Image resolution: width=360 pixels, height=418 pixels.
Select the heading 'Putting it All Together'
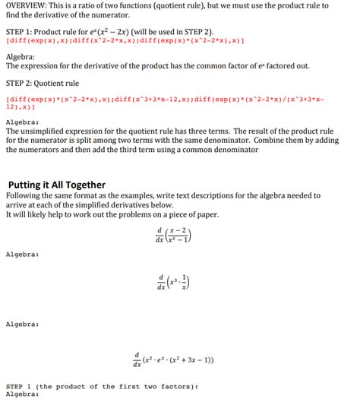click(x=57, y=185)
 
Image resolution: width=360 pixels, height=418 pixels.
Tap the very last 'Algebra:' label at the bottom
click(x=22, y=394)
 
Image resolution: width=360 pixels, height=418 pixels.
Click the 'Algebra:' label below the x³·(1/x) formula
click(x=22, y=325)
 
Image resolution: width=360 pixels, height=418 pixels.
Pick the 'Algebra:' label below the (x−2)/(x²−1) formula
click(x=22, y=253)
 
